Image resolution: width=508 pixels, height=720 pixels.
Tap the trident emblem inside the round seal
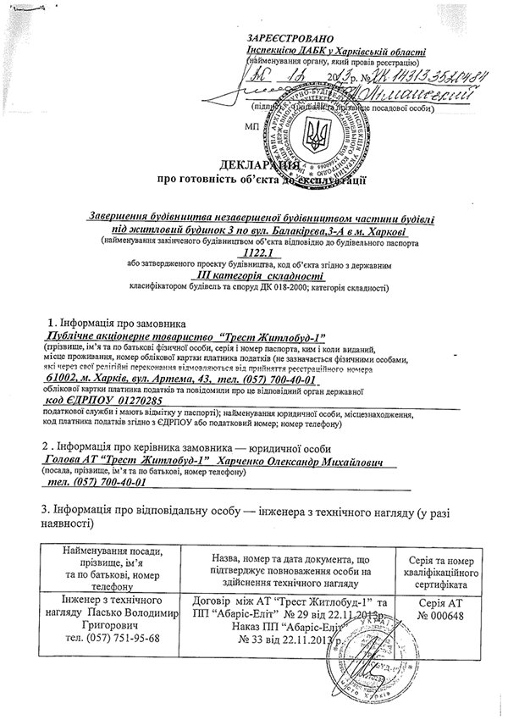[x=318, y=131]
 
